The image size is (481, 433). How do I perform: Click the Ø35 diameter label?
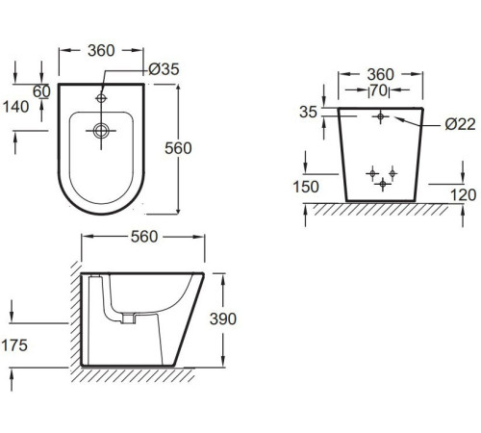pos(164,69)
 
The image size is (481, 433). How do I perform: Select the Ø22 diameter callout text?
pos(460,124)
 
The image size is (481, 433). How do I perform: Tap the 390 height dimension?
pos(223,318)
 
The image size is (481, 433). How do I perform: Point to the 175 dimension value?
pos(14,345)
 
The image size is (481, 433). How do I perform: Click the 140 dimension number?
pos(15,107)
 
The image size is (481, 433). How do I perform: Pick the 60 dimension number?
pos(41,91)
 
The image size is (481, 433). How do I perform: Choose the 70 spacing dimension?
pos(379,90)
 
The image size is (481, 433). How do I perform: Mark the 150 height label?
pos(306,187)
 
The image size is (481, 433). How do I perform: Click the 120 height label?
pos(464,195)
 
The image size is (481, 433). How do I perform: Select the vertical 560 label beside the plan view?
pos(178,148)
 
